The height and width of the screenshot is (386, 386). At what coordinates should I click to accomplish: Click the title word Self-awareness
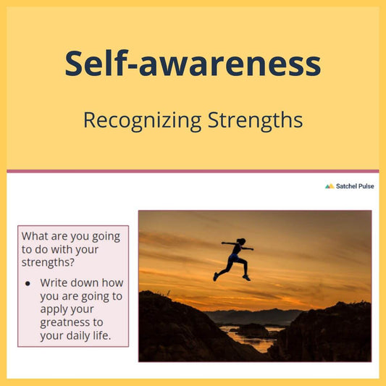coord(193,63)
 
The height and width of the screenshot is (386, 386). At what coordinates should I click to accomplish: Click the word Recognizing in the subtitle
coord(142,121)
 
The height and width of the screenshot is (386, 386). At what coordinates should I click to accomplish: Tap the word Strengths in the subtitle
coord(256,121)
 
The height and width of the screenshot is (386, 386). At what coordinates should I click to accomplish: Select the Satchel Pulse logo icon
coord(330,186)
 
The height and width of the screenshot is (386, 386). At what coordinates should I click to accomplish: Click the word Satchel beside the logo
coord(343,186)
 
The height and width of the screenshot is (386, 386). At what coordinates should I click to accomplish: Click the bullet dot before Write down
coord(28,284)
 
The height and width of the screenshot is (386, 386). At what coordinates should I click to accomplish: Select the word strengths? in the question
coord(48,262)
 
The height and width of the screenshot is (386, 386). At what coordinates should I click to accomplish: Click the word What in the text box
coord(35,236)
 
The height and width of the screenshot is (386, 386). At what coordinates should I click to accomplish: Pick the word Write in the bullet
coord(54,282)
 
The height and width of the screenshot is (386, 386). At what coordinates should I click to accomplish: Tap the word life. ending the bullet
coord(101,335)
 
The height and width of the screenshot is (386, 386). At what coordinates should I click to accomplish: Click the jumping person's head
coord(241,241)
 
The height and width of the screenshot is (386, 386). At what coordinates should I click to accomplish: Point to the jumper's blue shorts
coord(233,258)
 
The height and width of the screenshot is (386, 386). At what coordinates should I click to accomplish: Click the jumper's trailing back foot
coord(216,277)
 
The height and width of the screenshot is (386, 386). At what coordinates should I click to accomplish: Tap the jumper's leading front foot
coord(246,278)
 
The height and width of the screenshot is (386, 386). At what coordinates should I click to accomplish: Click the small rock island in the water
coord(251,330)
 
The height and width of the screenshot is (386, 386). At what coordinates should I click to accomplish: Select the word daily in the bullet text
coord(77,336)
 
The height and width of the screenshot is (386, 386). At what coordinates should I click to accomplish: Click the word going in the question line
coord(106,237)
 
